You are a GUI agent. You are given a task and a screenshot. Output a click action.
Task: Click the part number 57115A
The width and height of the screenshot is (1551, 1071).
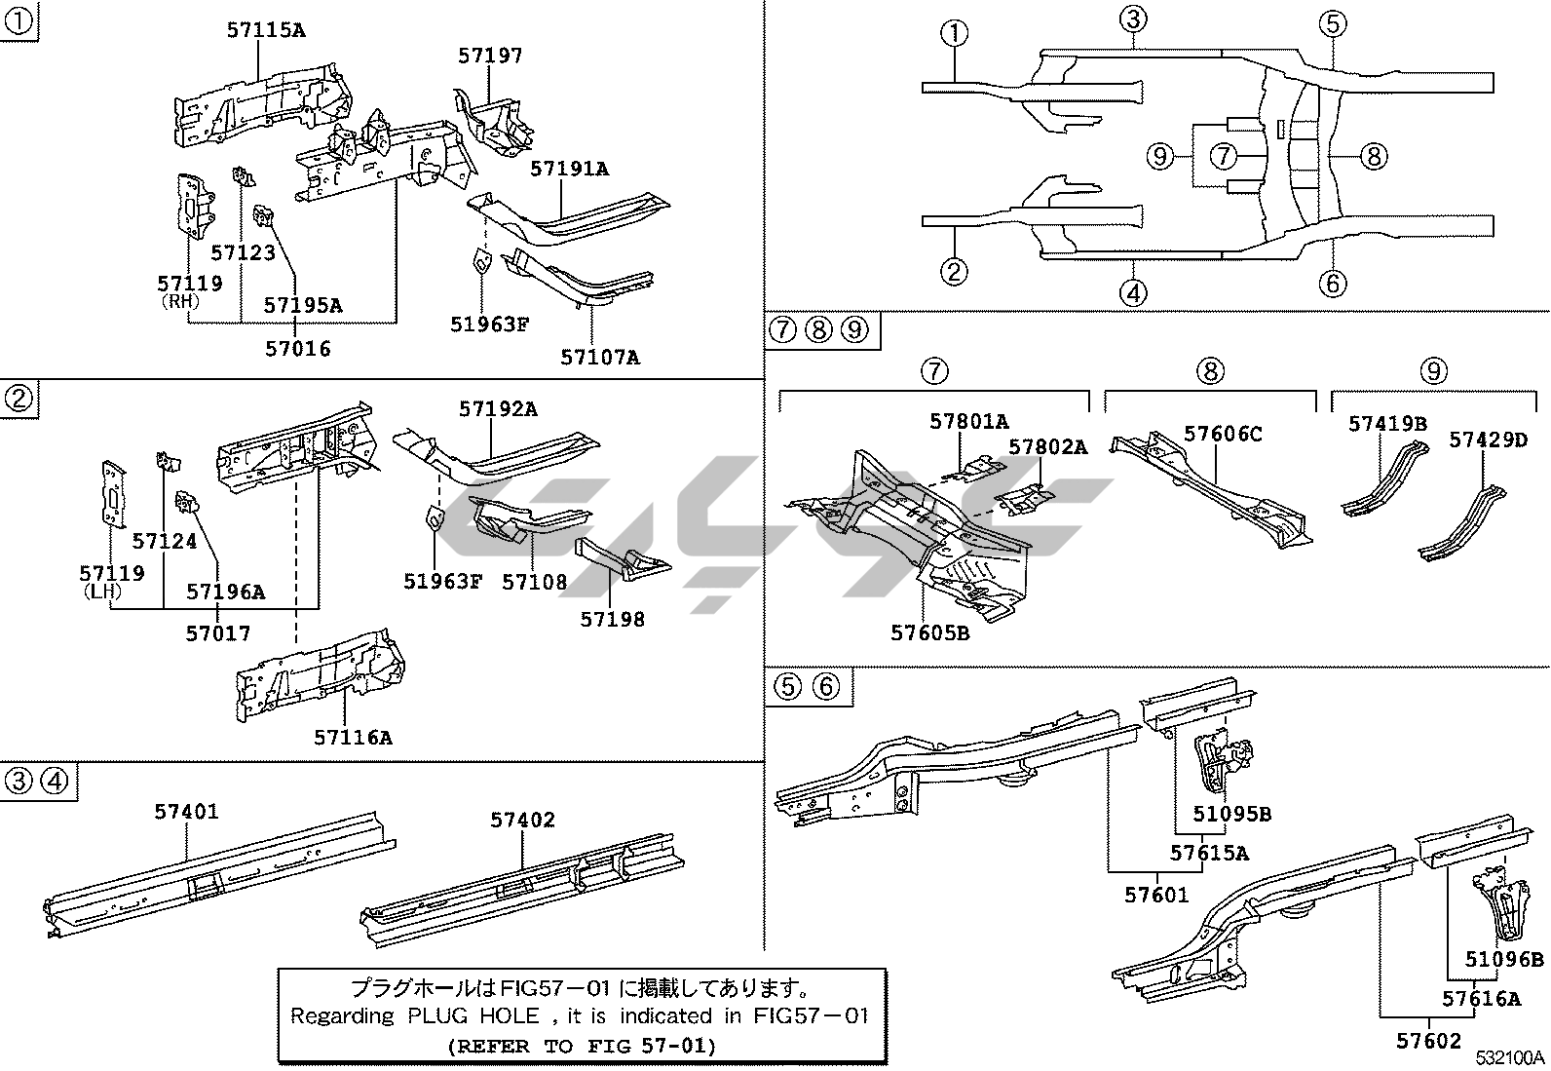(265, 30)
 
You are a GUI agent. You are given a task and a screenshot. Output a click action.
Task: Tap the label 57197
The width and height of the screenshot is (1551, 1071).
(490, 56)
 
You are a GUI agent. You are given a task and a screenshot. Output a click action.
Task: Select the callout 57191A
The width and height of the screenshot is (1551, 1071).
(569, 169)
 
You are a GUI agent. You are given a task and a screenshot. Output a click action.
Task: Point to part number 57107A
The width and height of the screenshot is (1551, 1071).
(599, 357)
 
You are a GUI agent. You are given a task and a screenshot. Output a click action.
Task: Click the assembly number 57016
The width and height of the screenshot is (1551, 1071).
(298, 348)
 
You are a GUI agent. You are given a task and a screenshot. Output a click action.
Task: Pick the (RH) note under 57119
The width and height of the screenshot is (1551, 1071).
(179, 302)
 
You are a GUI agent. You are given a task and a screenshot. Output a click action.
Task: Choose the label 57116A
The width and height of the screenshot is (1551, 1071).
(353, 737)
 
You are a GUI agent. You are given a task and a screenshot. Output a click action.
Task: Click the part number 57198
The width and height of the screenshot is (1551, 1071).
(612, 619)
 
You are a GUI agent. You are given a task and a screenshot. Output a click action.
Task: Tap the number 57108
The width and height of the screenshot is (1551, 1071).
(534, 582)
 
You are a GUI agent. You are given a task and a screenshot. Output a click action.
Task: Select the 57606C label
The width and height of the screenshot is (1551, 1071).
(1223, 434)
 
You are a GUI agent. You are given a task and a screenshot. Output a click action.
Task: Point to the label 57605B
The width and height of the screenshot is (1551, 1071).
(929, 632)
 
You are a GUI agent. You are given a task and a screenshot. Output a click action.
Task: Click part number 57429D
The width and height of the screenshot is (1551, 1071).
(1488, 440)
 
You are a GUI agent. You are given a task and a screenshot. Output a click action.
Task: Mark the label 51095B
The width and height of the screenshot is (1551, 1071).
(1231, 814)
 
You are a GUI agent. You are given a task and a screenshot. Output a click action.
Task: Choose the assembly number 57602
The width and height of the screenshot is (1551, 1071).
(1429, 1041)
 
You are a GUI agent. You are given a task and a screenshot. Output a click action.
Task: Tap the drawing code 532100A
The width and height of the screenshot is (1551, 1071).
(1509, 1058)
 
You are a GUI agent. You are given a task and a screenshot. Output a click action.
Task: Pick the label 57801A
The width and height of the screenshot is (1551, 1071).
(968, 421)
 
